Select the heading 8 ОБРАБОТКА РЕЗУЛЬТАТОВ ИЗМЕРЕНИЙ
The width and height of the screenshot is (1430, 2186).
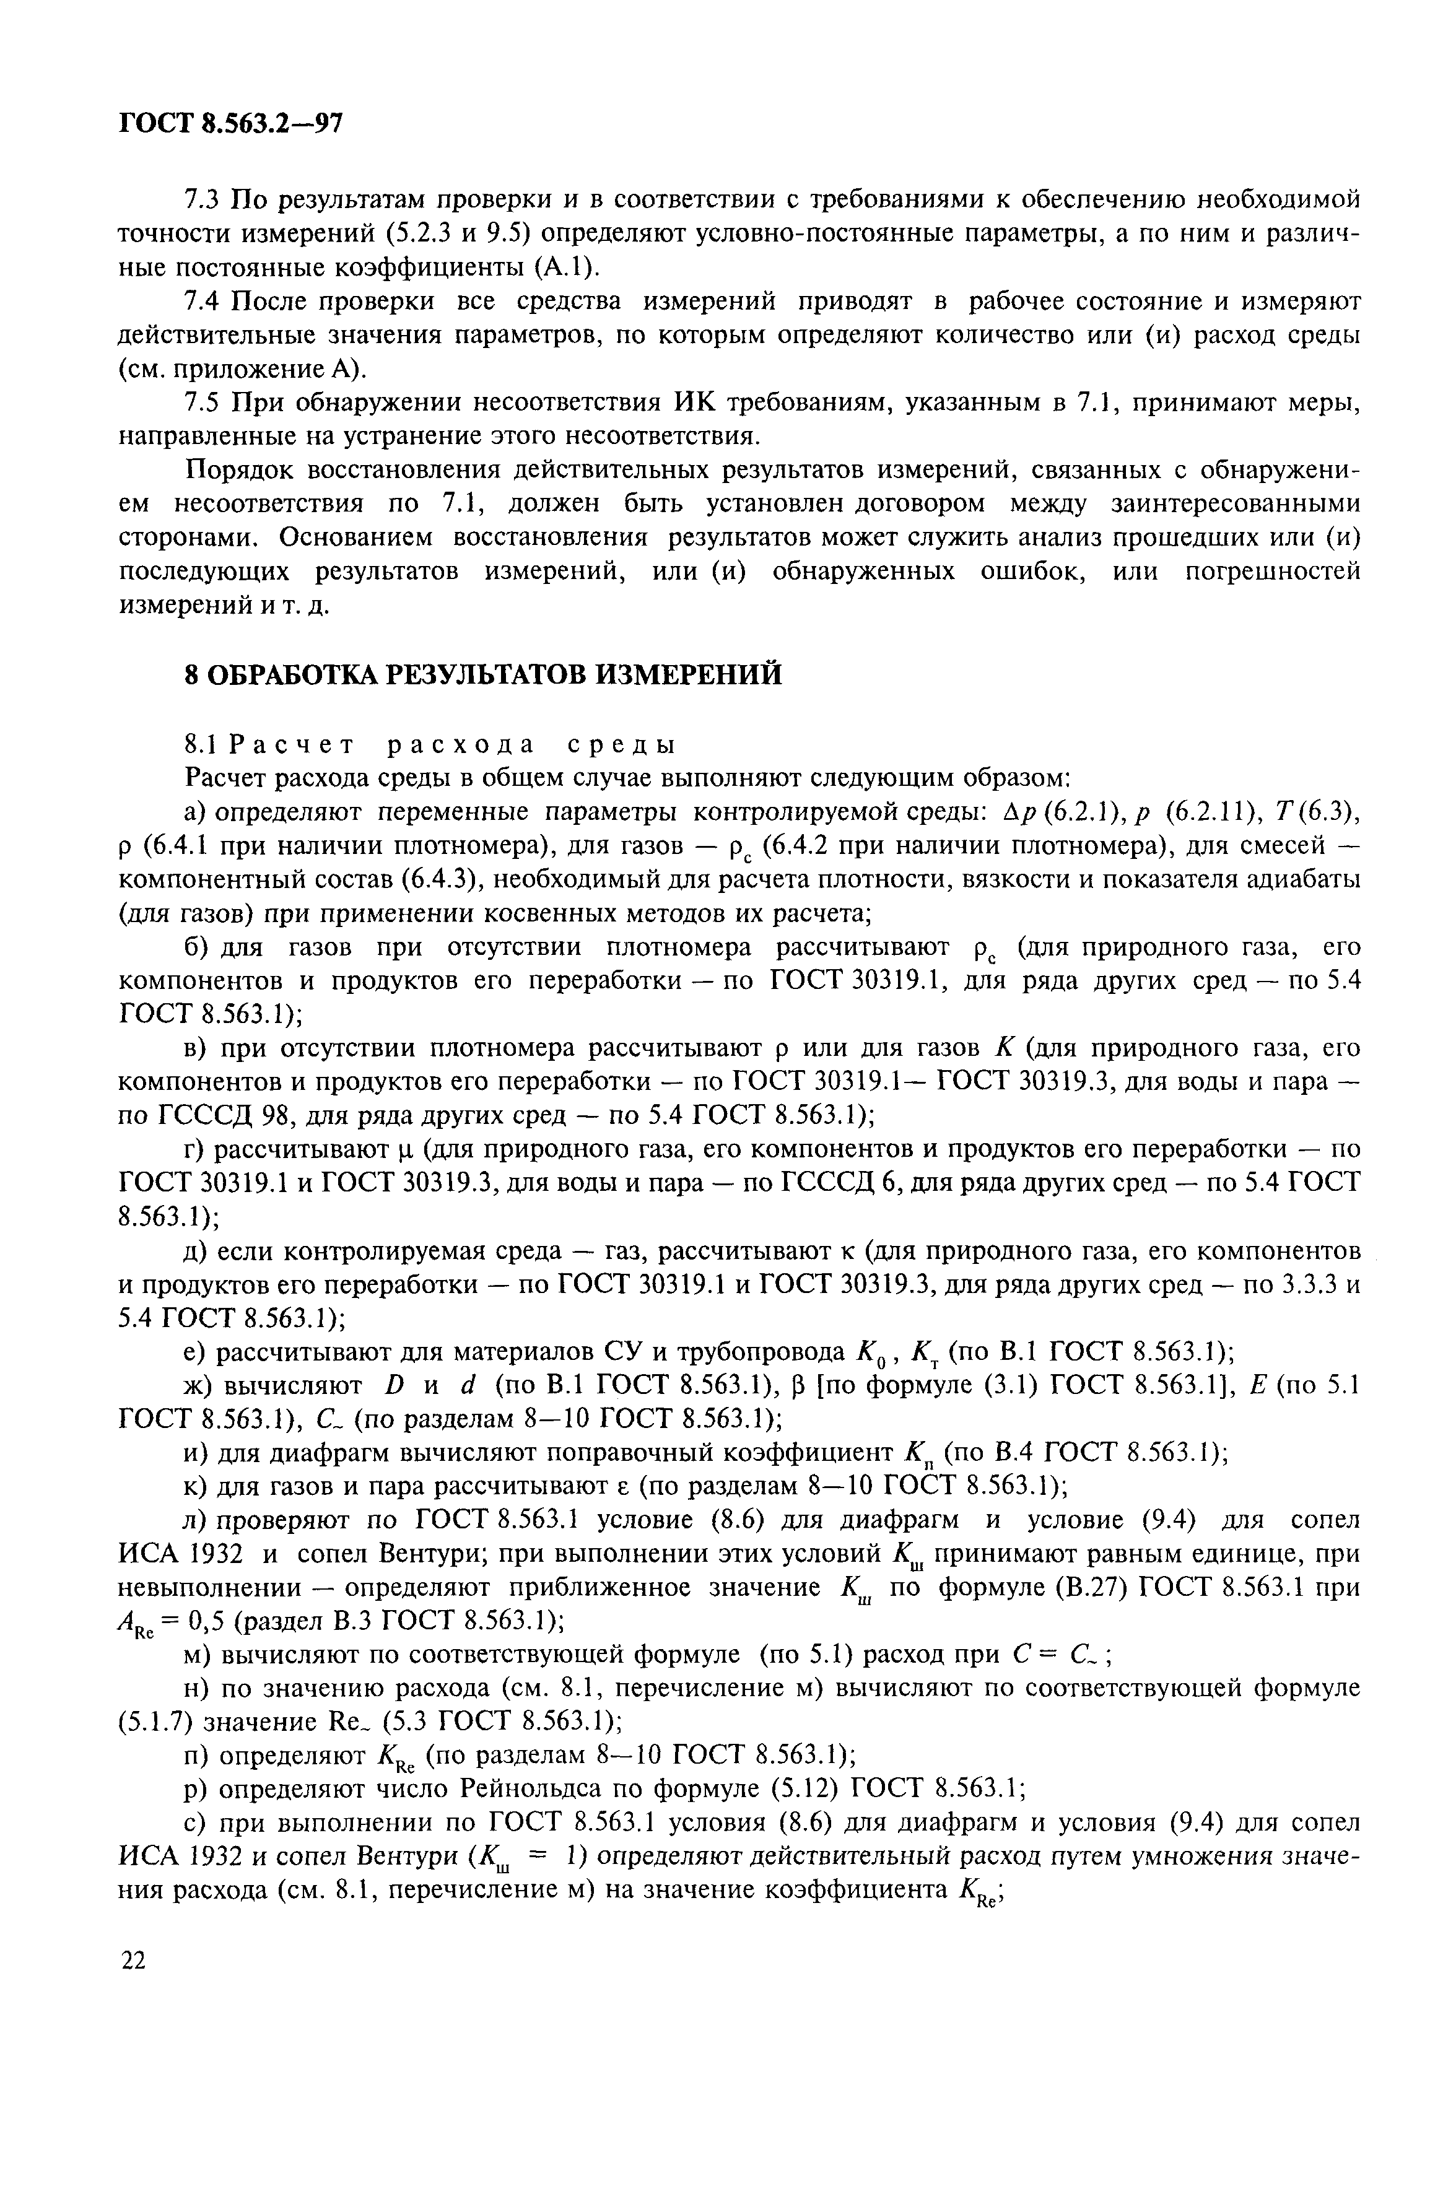483,674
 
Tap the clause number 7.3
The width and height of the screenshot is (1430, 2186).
203,198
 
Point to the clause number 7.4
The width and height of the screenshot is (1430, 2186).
203,300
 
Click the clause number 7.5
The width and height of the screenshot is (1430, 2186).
203,403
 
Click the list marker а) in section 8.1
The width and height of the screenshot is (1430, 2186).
196,812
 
